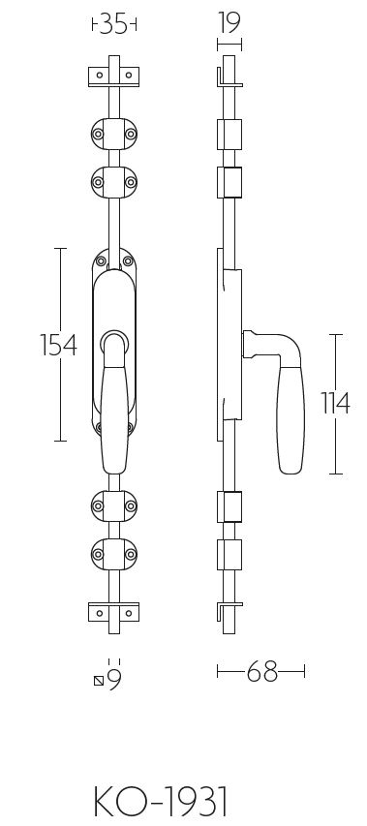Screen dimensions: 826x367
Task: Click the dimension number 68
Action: [261, 671]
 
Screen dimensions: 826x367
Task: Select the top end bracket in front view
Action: [114, 76]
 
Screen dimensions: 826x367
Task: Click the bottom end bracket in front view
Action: [114, 612]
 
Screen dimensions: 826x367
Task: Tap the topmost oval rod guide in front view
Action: [114, 134]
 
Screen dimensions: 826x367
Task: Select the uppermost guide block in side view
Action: [228, 134]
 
